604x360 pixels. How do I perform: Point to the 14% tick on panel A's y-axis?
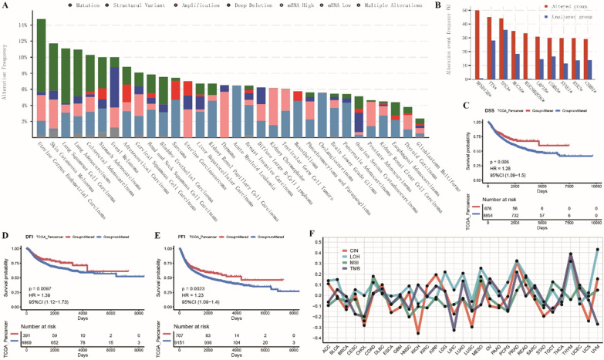pos(23,8)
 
